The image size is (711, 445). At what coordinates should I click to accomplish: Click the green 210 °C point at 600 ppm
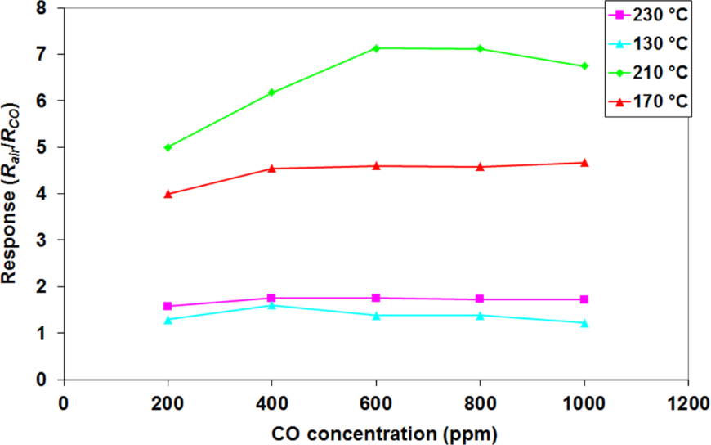coord(376,48)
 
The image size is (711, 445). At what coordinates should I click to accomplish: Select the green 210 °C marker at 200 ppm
coord(168,147)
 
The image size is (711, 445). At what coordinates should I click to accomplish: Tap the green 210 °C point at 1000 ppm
coord(584,66)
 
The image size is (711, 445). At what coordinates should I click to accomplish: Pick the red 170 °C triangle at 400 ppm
coord(272,169)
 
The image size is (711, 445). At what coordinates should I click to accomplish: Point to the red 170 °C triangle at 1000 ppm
coord(584,163)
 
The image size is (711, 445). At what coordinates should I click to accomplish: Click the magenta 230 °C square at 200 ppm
coord(168,306)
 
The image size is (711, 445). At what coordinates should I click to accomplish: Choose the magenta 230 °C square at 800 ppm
coord(480,299)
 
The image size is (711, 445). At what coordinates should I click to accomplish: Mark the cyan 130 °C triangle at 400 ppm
coord(272,305)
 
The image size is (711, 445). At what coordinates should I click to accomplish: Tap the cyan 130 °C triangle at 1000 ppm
coord(584,323)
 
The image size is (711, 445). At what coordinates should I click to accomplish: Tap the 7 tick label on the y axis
coord(38,54)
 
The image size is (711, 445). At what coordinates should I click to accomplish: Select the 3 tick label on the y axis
coord(38,240)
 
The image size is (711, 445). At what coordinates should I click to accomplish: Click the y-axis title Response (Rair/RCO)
coord(11,193)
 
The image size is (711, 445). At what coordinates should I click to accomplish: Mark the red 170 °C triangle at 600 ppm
coord(376,165)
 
